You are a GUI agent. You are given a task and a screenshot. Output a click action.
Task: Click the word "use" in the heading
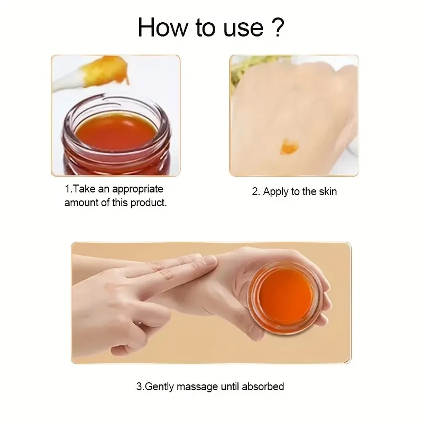[x=243, y=30]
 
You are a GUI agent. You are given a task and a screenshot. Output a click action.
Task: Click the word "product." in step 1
[x=149, y=203]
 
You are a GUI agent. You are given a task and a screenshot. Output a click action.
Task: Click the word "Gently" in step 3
[x=160, y=387]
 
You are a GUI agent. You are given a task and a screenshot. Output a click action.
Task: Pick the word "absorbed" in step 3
[x=263, y=387]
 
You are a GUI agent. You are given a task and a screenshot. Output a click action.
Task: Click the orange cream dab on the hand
[x=289, y=147]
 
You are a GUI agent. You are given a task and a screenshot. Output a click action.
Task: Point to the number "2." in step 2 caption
[x=256, y=192]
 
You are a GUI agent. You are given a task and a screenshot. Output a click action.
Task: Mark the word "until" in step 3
[x=230, y=387]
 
